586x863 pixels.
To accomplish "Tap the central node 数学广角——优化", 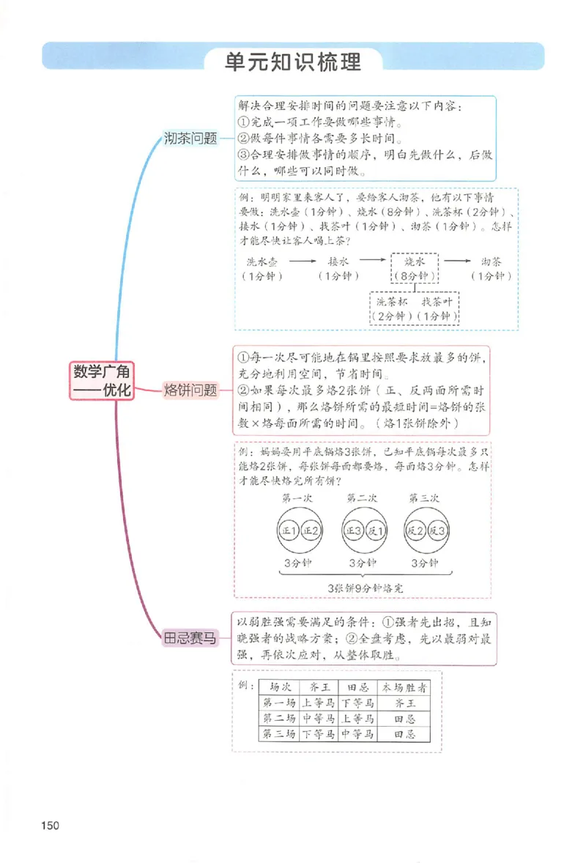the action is [103, 380].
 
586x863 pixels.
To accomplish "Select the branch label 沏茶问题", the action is [191, 138].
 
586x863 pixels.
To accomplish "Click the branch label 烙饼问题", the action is [190, 390].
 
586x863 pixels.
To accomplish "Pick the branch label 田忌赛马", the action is [190, 638].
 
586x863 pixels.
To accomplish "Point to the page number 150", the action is [50, 826].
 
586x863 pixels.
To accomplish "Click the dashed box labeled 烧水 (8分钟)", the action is [415, 268].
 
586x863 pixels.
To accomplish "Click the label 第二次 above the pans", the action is [363, 498].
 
